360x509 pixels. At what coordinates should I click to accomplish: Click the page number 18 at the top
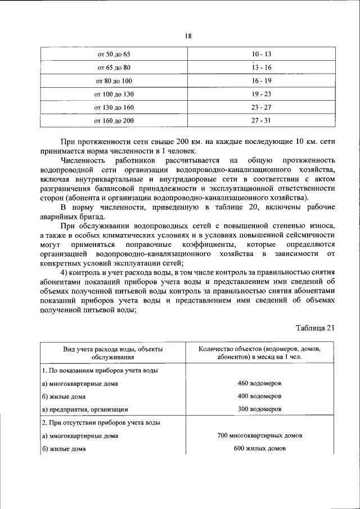click(188, 36)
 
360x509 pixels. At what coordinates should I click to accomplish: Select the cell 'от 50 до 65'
click(114, 55)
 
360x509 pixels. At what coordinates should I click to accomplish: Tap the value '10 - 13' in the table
click(262, 55)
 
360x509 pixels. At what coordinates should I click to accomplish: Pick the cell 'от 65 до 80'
click(114, 67)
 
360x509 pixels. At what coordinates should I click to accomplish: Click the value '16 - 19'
click(262, 80)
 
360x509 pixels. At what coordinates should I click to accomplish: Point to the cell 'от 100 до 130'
click(114, 94)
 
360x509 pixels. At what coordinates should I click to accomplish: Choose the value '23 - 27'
click(262, 107)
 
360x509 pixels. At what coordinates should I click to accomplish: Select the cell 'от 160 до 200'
click(114, 120)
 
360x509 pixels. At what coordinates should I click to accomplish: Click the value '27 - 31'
click(262, 120)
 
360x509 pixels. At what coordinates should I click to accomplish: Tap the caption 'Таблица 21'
click(315, 328)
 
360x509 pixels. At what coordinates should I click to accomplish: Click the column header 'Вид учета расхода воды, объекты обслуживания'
click(114, 353)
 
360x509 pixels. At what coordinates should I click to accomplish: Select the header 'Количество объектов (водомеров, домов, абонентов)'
click(259, 353)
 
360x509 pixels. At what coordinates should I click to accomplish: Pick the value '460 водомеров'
click(259, 383)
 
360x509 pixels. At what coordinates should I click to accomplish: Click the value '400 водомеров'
click(259, 396)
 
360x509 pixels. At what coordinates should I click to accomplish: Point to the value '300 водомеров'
click(259, 409)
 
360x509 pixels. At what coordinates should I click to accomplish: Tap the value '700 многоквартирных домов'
click(259, 435)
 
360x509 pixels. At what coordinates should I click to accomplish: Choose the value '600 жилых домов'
click(259, 448)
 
